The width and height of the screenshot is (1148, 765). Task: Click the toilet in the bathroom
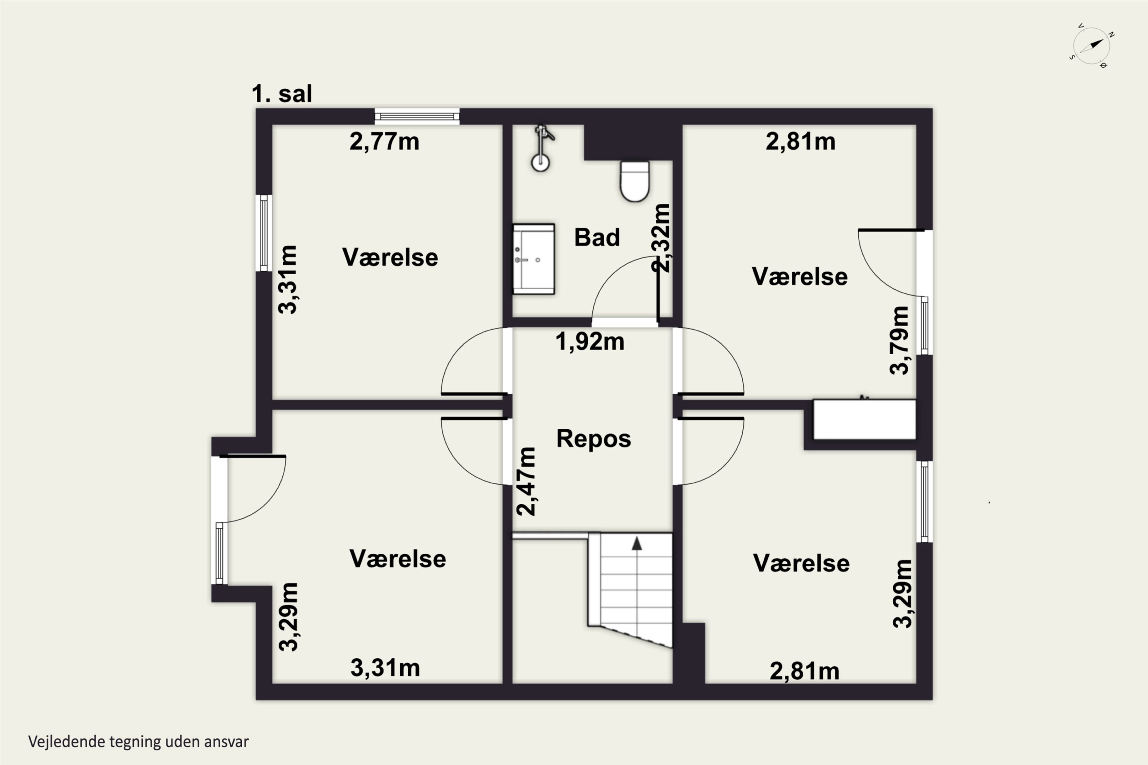pos(634,181)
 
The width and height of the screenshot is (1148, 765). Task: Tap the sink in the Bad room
pos(533,259)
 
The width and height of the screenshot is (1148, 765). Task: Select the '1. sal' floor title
pos(282,93)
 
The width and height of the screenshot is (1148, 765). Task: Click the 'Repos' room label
pos(594,439)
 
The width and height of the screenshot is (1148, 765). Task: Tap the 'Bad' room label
pos(597,238)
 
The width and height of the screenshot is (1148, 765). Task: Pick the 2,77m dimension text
pos(384,142)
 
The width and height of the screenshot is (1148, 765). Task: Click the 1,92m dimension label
pos(590,342)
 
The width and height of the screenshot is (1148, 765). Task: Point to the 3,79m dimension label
pos(899,340)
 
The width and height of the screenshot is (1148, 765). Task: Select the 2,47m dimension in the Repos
pos(526,481)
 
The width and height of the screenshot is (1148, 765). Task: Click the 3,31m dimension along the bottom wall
pos(385,668)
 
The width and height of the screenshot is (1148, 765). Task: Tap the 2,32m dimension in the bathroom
pos(661,238)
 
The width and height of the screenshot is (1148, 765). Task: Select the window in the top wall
pos(417,116)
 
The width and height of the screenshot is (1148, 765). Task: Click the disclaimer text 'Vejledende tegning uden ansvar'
pos(139,742)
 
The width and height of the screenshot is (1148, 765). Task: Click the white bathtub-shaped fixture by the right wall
pos(864,419)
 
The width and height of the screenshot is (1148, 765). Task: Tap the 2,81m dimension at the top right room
pos(801,142)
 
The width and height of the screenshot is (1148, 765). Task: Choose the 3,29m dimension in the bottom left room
pos(288,617)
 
